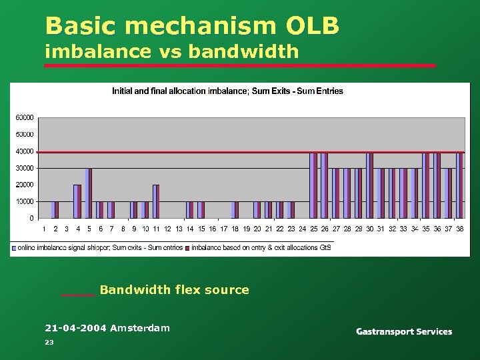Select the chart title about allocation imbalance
tap(227, 91)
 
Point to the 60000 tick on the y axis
tap(25, 118)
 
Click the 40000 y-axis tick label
tap(25, 151)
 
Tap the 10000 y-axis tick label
tap(25, 201)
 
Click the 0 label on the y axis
tap(31, 218)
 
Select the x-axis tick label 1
tap(44, 229)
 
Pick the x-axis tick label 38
tap(459, 229)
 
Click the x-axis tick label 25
tap(313, 229)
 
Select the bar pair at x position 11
tap(157, 201)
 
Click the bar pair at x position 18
tap(235, 209)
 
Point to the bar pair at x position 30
tap(370, 185)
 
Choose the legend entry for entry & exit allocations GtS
tap(261, 247)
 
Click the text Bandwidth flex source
tap(174, 290)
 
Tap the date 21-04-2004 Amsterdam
tap(107, 328)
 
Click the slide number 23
tap(49, 342)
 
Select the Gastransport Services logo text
tap(404, 332)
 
